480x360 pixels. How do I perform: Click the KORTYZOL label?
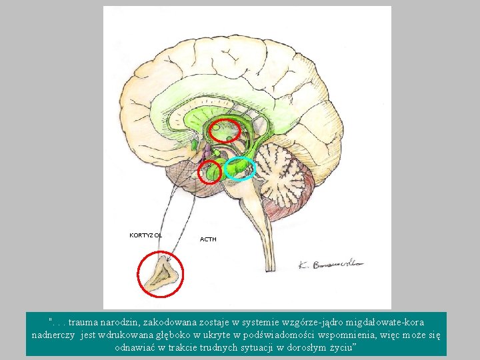click(x=145, y=235)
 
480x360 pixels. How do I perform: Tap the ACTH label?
click(x=208, y=239)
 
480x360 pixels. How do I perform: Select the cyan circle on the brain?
click(x=239, y=169)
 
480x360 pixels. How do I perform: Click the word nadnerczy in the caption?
click(x=54, y=335)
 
